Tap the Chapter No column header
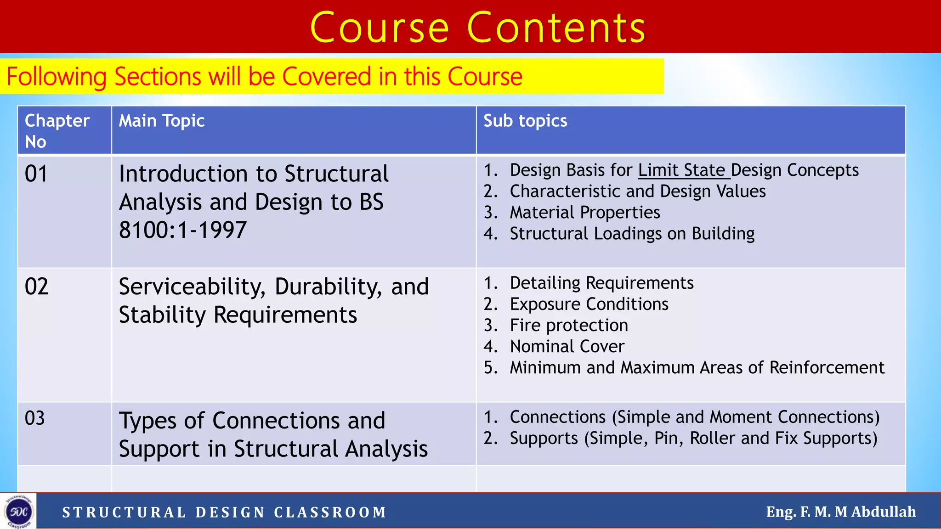(57, 130)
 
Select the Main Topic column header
(161, 121)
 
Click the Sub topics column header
(525, 121)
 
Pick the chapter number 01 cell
(36, 174)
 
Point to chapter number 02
(36, 287)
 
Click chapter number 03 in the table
(34, 418)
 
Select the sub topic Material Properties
(584, 213)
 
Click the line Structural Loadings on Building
(632, 234)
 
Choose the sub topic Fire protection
(568, 326)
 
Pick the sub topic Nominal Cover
(567, 347)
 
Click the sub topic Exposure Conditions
(589, 304)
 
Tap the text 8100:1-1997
(183, 230)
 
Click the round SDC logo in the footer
(18, 511)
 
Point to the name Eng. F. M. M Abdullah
(840, 512)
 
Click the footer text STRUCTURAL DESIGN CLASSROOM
(224, 512)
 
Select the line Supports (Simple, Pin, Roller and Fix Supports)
(693, 439)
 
